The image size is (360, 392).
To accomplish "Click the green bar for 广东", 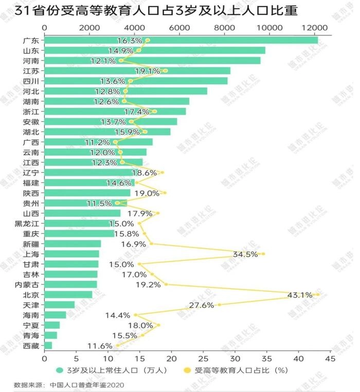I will tap(180, 40).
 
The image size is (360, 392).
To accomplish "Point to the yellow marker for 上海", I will tap(263, 254).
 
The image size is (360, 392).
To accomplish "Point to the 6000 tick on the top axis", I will tap(179, 27).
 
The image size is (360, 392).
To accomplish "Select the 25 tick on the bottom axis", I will tap(203, 358).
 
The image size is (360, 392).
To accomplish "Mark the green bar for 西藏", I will tap(48, 345).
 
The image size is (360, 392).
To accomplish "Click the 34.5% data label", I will tap(245, 254).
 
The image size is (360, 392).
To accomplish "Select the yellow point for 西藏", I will tap(118, 345).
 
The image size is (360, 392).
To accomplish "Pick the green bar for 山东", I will tap(154, 50).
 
